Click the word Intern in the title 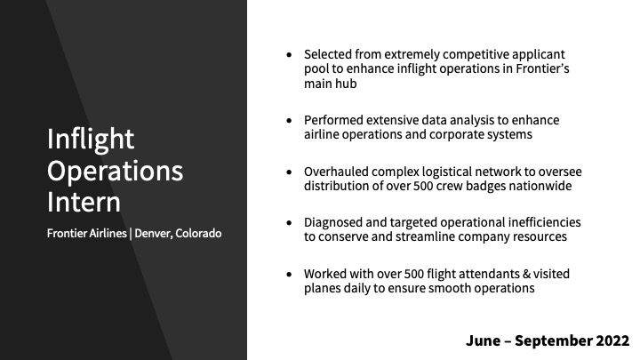point(84,202)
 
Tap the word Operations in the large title point(115,172)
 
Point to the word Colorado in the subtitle point(199,234)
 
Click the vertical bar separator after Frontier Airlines point(131,234)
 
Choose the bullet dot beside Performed point(290,120)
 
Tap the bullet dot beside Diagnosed point(290,223)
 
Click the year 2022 point(612,340)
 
